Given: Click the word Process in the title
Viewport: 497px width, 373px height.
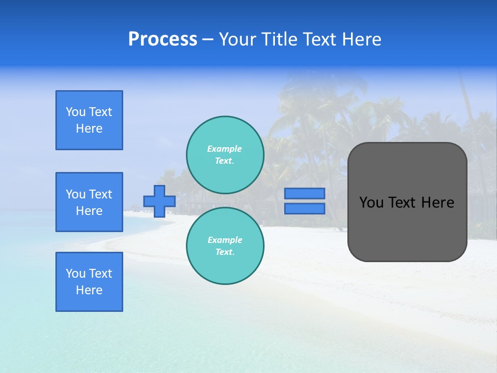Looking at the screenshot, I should (163, 39).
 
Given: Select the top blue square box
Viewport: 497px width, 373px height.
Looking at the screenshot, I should (89, 120).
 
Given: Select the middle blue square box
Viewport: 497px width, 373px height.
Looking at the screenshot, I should (89, 202).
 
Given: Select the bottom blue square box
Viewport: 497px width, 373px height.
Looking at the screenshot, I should (89, 282).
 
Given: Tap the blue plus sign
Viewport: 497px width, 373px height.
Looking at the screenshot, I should (159, 201).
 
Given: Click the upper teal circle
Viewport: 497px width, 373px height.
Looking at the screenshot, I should (225, 154).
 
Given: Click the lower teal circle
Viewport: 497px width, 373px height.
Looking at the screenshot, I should (225, 246).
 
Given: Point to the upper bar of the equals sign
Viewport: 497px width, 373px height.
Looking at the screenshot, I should (305, 193).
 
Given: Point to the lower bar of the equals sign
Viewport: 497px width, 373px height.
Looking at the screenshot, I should (305, 208).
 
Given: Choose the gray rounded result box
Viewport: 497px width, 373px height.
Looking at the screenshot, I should (407, 228).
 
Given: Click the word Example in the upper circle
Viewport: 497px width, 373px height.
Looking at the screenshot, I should (224, 149).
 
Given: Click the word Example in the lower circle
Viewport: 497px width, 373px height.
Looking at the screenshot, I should (225, 240).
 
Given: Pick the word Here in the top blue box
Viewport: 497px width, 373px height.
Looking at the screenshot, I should (89, 128).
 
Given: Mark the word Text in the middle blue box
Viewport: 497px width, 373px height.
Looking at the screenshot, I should (100, 194).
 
